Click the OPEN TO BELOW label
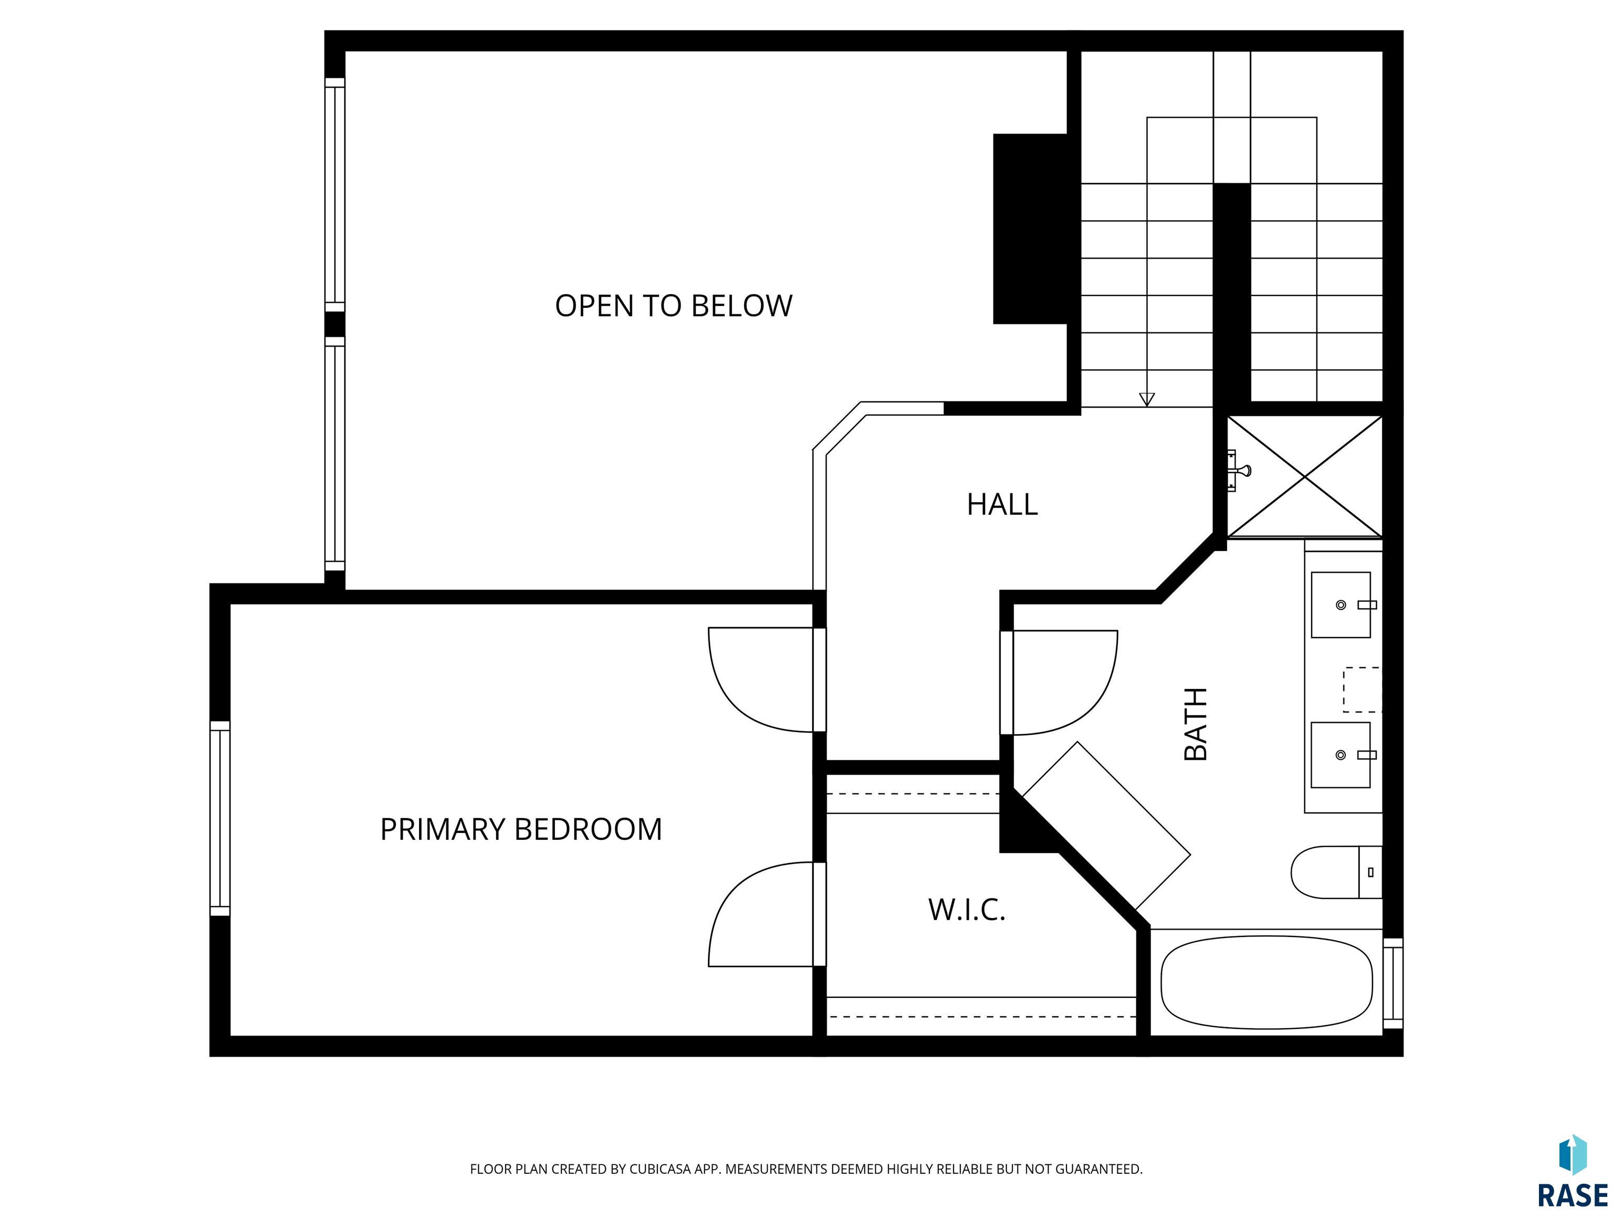673,306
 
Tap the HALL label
1002,505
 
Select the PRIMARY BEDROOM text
521,829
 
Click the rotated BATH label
1196,724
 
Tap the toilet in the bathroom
1336,872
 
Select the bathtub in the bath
1266,983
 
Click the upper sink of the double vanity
1341,604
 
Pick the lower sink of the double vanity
1341,755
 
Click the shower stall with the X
1305,476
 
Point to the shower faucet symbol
1238,471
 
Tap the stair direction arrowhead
1147,399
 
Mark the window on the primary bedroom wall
220,818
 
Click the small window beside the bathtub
1393,983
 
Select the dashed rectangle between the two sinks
1362,689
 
